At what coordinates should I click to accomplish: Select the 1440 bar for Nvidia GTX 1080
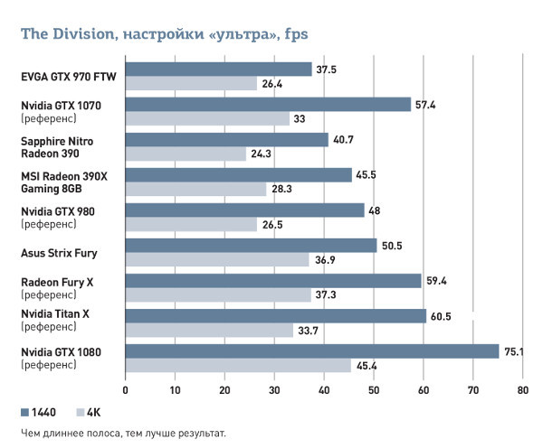coord(311,351)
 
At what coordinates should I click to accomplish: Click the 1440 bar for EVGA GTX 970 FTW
coord(218,70)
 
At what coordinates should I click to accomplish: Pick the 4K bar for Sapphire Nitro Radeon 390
coord(186,154)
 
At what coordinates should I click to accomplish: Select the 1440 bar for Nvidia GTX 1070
coord(268,105)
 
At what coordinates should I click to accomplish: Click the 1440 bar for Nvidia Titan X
coord(275,316)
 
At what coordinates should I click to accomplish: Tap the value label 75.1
coord(515,351)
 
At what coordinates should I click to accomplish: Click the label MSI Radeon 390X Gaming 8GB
coord(63,182)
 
